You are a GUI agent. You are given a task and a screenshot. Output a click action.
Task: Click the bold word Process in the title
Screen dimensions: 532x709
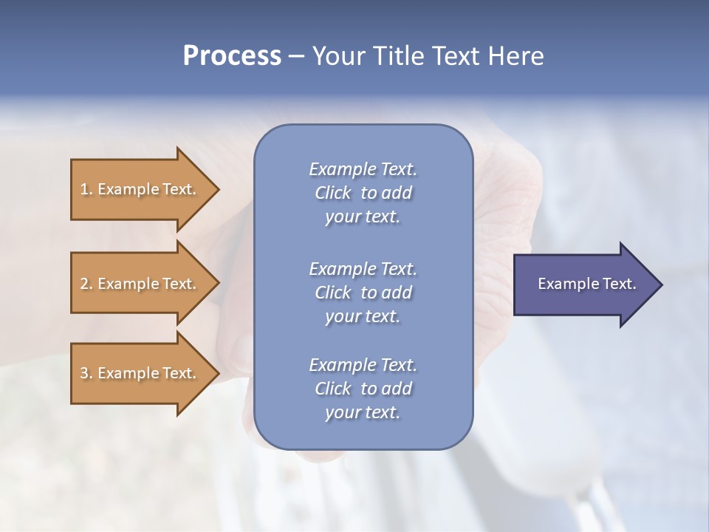click(232, 56)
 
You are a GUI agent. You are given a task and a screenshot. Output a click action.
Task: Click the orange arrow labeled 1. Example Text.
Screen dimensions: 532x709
click(140, 189)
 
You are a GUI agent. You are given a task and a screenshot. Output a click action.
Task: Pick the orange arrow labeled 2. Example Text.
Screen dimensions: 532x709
click(140, 284)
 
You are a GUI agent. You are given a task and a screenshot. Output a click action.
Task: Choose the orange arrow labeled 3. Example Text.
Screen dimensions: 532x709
click(140, 373)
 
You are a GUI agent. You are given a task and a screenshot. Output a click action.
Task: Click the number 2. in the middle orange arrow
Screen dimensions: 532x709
click(86, 284)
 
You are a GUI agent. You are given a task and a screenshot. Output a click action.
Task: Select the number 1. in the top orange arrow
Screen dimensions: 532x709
click(86, 189)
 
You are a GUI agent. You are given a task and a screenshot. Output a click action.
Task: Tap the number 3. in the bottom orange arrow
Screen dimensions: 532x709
click(86, 373)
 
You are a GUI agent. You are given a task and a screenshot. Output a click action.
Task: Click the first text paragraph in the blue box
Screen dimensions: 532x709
click(363, 193)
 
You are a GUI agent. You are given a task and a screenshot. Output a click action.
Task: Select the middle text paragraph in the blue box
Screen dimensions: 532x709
click(363, 293)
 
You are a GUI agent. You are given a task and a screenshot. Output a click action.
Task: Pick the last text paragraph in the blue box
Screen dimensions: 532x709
click(363, 389)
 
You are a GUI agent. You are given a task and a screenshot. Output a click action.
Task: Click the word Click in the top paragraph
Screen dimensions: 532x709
click(333, 193)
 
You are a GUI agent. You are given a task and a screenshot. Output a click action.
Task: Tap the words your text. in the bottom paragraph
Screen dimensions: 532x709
click(363, 412)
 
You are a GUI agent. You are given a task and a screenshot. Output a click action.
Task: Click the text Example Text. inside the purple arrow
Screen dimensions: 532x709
click(587, 284)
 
